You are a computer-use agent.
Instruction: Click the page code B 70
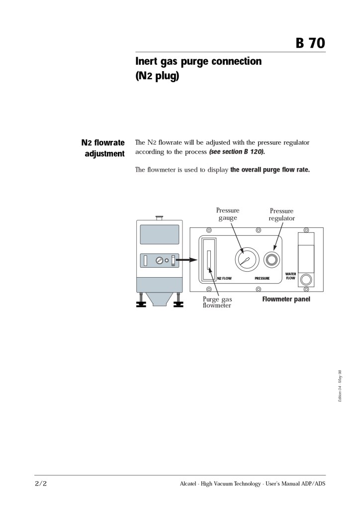point(310,43)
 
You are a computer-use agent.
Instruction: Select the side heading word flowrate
point(109,143)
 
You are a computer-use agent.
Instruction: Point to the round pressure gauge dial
point(247,259)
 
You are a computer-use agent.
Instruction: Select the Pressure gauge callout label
point(228,214)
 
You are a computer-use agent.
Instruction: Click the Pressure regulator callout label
point(281,214)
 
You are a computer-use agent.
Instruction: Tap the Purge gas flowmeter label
point(217,302)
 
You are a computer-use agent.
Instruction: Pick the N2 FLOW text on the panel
point(224,279)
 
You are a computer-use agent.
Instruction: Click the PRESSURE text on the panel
point(262,279)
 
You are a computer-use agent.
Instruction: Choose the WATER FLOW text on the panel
point(290,276)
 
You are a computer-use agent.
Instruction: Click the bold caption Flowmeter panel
point(286,300)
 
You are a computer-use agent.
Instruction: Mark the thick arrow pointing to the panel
point(187,259)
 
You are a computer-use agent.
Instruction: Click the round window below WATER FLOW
point(306,279)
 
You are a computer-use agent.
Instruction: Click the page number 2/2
point(41,483)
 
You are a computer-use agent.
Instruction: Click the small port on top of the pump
point(159,217)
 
